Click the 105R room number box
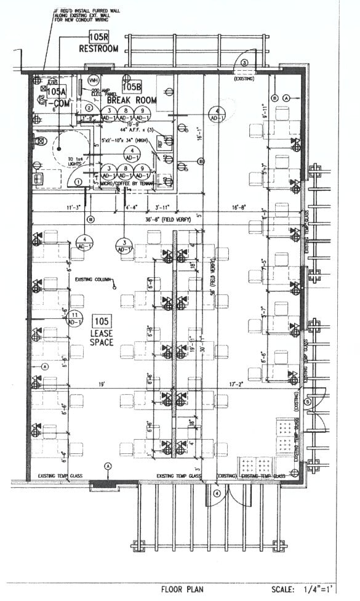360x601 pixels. click(x=98, y=36)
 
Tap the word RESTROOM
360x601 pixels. click(x=98, y=49)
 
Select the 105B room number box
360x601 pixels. click(x=132, y=87)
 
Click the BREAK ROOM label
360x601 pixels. click(x=132, y=99)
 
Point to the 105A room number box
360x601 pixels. click(x=56, y=91)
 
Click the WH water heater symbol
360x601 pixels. click(x=94, y=81)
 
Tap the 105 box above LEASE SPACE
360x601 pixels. click(x=102, y=320)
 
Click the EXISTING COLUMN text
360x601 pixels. click(x=92, y=280)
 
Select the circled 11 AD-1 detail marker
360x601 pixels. click(x=75, y=318)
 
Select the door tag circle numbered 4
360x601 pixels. click(x=217, y=493)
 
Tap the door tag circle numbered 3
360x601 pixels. click(x=244, y=63)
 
